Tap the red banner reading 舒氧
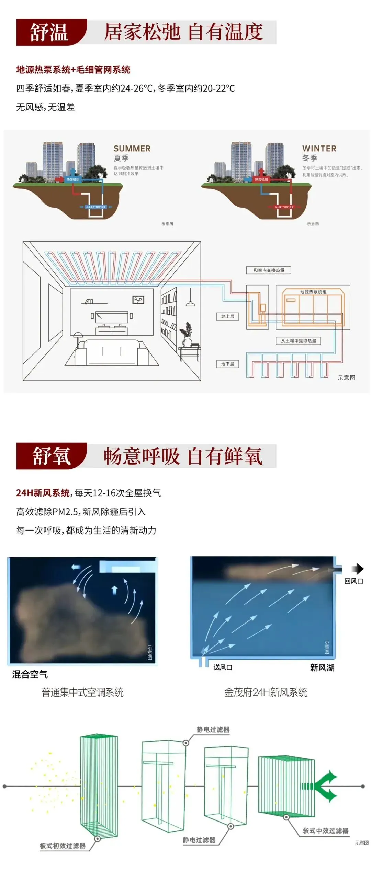pyautogui.click(x=51, y=456)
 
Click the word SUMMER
pyautogui.click(x=132, y=149)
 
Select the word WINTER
pyautogui.click(x=319, y=149)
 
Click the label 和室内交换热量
pyautogui.click(x=269, y=270)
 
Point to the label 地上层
pyautogui.click(x=227, y=316)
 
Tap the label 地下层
pyautogui.click(x=227, y=364)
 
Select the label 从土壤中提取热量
pyautogui.click(x=298, y=341)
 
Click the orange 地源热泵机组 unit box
pyautogui.click(x=313, y=307)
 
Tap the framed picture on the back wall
pyautogui.click(x=138, y=300)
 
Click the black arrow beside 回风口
pyautogui.click(x=359, y=569)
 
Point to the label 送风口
pyautogui.click(x=223, y=667)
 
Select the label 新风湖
pyautogui.click(x=322, y=667)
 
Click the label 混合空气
pyautogui.click(x=30, y=674)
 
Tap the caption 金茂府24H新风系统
pyautogui.click(x=266, y=692)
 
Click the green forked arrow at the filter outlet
pyautogui.click(x=329, y=786)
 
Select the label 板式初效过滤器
pyautogui.click(x=63, y=846)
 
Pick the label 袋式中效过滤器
pyautogui.click(x=325, y=830)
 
